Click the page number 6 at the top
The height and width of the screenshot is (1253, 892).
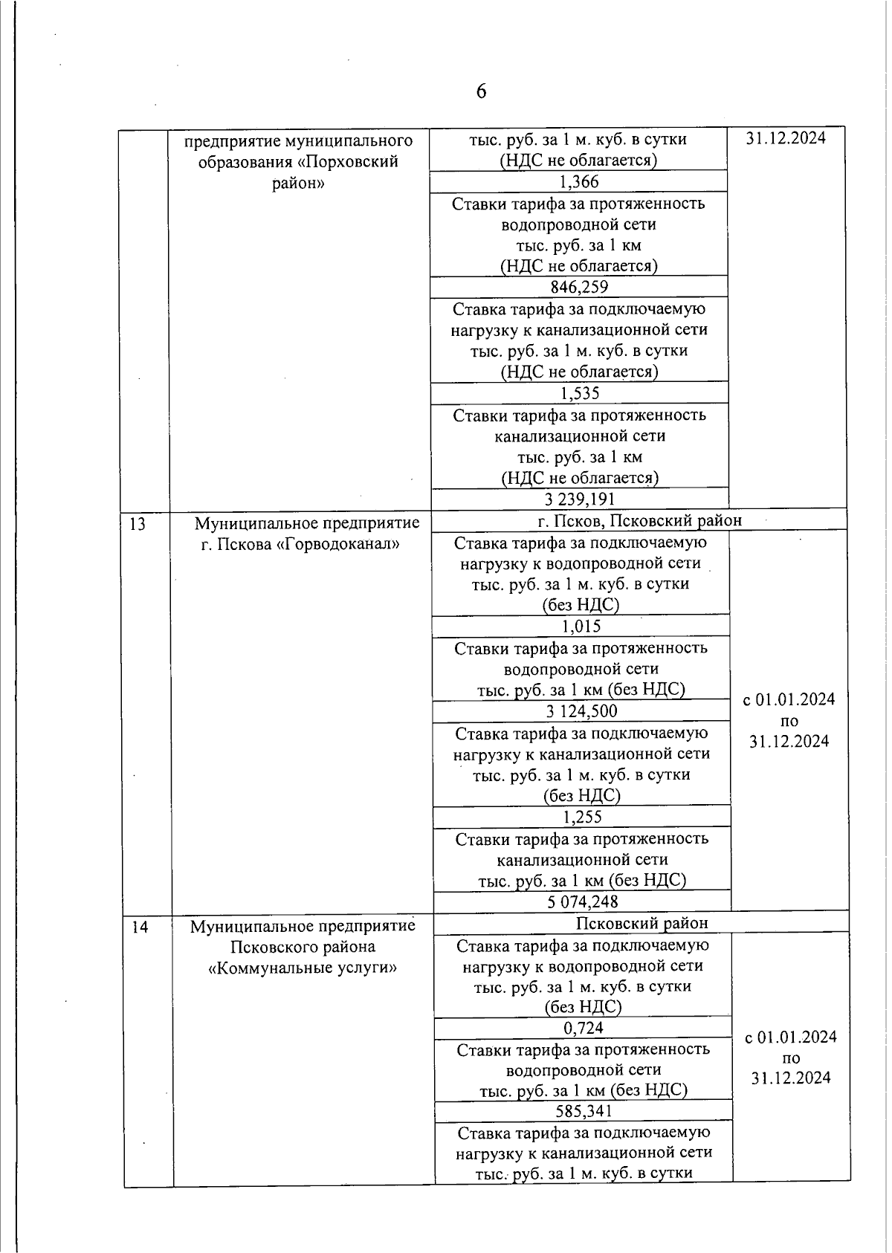tap(481, 91)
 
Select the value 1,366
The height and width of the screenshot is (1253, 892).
tap(579, 182)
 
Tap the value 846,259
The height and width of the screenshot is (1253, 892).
tap(579, 288)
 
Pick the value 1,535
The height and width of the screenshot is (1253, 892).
tap(580, 393)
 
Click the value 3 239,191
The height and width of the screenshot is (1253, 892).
tap(580, 499)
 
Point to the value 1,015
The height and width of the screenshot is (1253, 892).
tap(581, 626)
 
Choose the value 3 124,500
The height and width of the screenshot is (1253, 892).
tap(581, 711)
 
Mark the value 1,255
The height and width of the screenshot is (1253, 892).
tap(582, 817)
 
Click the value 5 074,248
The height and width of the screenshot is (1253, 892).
tap(583, 902)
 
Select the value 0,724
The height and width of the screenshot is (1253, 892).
tap(584, 1029)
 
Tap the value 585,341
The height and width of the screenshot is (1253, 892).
tap(584, 1112)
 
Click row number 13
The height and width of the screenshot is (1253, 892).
tap(138, 525)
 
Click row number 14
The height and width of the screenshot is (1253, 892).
tap(140, 927)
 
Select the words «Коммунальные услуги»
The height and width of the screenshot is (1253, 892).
tap(303, 968)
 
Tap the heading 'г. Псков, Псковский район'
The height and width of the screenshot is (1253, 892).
tap(639, 520)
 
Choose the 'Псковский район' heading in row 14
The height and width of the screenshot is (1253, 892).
tap(642, 923)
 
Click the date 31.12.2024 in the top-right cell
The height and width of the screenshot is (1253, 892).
tap(786, 139)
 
